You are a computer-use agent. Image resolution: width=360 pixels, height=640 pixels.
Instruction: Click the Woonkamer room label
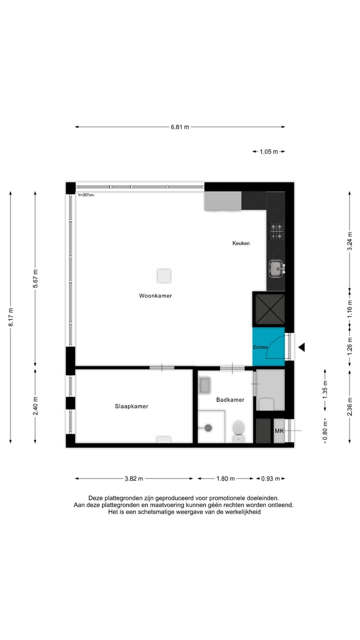coord(155,295)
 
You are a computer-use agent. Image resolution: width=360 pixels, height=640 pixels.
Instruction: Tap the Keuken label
coord(241,243)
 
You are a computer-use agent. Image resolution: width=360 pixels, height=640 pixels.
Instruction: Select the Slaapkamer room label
coord(131,406)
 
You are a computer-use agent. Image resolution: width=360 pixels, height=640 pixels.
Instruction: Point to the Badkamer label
coord(230,400)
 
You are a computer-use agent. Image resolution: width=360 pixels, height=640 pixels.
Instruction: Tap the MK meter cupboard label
coord(279,430)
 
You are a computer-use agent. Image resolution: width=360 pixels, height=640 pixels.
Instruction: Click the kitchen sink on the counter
coord(275,268)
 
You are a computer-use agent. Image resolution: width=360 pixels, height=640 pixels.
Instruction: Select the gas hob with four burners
coord(276,231)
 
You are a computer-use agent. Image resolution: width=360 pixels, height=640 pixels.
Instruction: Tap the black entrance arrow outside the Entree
coord(301,347)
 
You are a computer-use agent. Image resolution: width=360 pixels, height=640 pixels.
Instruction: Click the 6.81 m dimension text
coord(180,127)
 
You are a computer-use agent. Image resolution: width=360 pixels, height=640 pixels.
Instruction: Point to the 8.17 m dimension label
coord(11,317)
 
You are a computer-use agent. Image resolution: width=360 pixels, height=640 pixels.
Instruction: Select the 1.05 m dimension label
coord(268,151)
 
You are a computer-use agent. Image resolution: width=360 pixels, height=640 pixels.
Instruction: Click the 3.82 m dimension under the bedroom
coord(134,478)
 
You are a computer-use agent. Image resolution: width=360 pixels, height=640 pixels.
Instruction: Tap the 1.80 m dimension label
coord(225,478)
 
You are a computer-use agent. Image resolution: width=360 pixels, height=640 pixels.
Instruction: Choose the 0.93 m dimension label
coord(270,478)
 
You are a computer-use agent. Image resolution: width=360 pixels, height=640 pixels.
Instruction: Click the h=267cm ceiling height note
coord(86,194)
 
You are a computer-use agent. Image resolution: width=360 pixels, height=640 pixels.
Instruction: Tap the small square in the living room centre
coord(163,275)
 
